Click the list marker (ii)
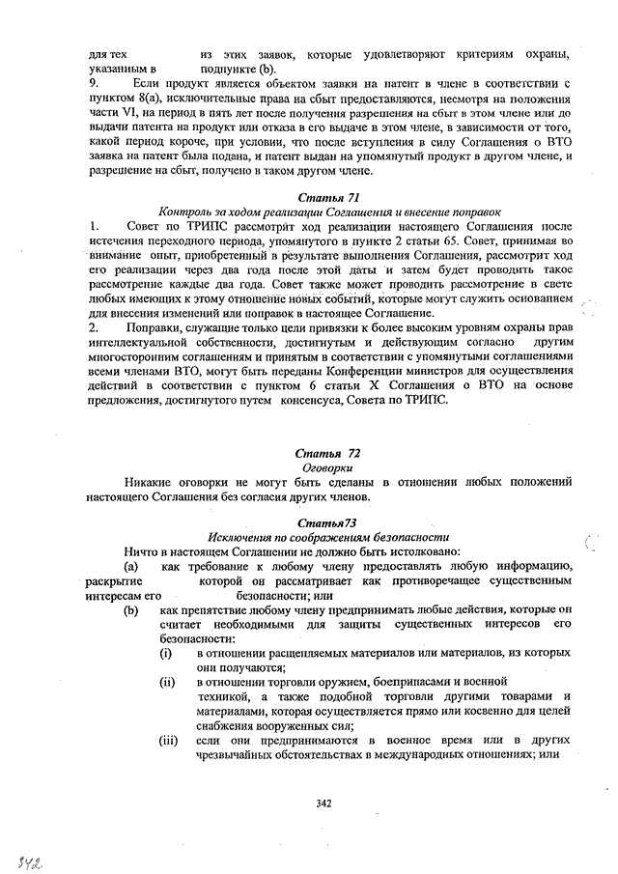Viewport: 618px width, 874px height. pyautogui.click(x=167, y=681)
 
